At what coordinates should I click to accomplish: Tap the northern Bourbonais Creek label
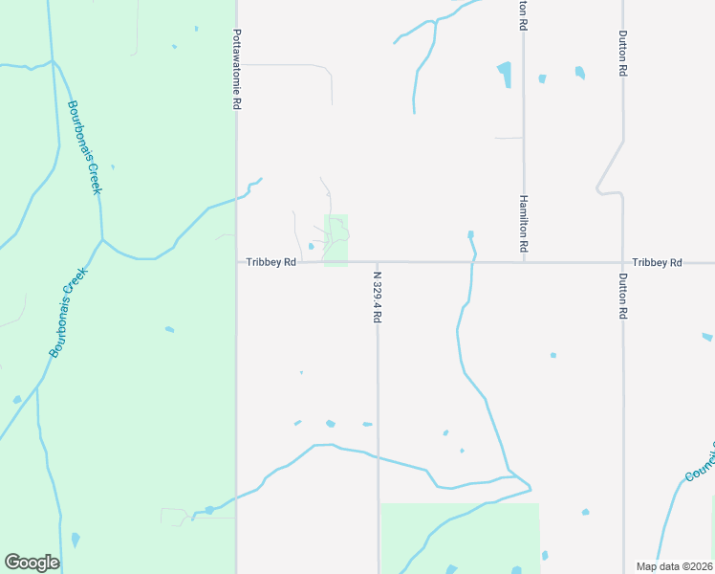(83, 147)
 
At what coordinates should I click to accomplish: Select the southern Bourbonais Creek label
(68, 313)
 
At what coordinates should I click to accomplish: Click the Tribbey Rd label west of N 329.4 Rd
(271, 262)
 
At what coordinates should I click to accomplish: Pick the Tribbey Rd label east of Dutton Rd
(657, 262)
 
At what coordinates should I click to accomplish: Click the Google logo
(32, 563)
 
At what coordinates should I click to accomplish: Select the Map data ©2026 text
(674, 566)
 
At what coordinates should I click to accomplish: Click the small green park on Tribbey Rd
(336, 240)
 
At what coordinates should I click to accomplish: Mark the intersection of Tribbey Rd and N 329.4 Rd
(378, 262)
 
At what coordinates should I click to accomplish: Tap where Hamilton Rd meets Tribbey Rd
(524, 262)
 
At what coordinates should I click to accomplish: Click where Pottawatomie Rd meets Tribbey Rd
(237, 262)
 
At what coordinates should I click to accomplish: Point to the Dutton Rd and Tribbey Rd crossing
(622, 262)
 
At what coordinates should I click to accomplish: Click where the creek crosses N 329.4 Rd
(378, 457)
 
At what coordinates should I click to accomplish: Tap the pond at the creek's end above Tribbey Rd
(470, 234)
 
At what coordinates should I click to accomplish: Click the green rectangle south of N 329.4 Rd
(460, 538)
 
